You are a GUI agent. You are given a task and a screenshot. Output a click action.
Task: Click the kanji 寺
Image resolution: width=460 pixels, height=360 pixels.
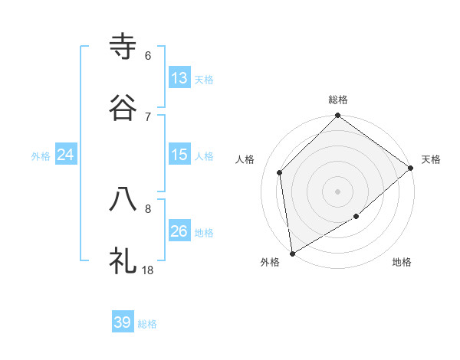click(x=123, y=47)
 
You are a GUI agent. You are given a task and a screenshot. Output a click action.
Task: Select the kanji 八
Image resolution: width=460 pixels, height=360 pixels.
click(x=123, y=198)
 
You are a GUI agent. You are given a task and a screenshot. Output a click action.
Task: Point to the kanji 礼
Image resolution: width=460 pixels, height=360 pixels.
click(x=123, y=260)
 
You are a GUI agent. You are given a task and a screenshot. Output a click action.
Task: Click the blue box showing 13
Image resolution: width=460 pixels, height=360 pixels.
click(x=179, y=78)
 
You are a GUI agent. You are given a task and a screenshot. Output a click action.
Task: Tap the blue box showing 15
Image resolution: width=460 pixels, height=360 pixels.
click(x=179, y=155)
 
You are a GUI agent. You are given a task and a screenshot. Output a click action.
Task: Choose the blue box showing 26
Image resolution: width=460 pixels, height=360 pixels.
click(x=179, y=231)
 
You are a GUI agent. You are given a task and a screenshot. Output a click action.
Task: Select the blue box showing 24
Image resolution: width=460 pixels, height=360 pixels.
click(x=66, y=155)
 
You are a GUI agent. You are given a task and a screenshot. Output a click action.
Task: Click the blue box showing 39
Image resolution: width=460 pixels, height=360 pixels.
click(x=123, y=322)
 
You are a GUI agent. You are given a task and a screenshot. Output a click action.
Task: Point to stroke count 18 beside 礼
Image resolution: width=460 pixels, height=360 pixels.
click(x=148, y=269)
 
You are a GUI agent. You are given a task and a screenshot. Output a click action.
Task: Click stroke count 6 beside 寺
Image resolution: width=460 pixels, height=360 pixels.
click(x=148, y=55)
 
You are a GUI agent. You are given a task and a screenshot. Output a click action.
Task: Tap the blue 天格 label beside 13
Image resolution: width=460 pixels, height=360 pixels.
click(x=204, y=80)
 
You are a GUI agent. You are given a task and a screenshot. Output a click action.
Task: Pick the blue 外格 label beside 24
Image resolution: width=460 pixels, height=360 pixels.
click(x=41, y=156)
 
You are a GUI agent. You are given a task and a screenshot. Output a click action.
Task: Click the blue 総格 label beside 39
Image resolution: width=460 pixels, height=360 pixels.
click(x=147, y=324)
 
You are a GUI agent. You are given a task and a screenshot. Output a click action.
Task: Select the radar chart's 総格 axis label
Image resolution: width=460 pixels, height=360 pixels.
click(x=338, y=100)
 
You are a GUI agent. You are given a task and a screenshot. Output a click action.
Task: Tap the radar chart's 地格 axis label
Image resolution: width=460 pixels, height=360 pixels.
click(x=402, y=262)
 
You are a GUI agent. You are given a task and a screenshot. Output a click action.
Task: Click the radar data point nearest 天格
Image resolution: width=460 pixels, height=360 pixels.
click(x=411, y=169)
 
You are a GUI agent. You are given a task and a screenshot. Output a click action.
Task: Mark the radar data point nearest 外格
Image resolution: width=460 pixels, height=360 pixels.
click(x=292, y=254)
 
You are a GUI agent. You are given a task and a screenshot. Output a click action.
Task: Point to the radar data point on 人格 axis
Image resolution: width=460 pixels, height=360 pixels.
click(x=280, y=172)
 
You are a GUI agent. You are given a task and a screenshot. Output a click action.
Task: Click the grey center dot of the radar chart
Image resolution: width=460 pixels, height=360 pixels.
click(x=338, y=191)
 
